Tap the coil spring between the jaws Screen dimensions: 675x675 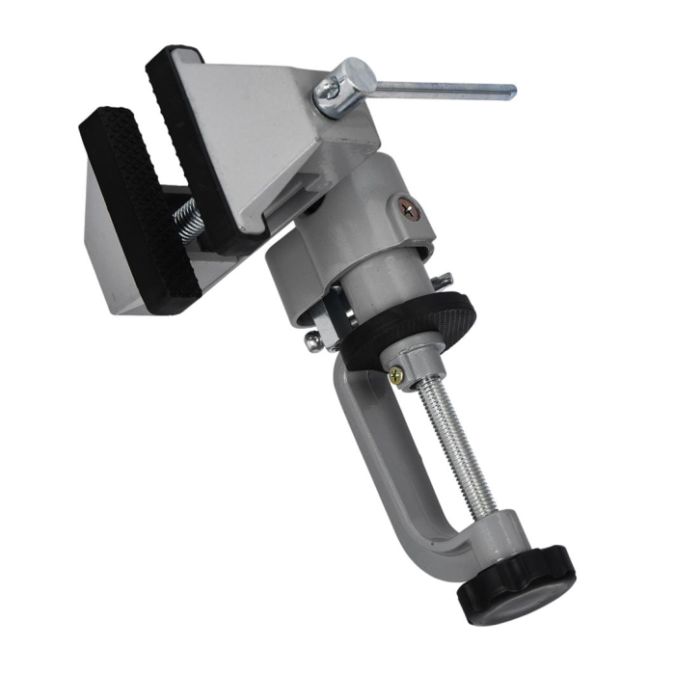[187, 222]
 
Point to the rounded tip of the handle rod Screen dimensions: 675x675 [510, 93]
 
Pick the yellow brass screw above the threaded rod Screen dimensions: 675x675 [396, 373]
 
